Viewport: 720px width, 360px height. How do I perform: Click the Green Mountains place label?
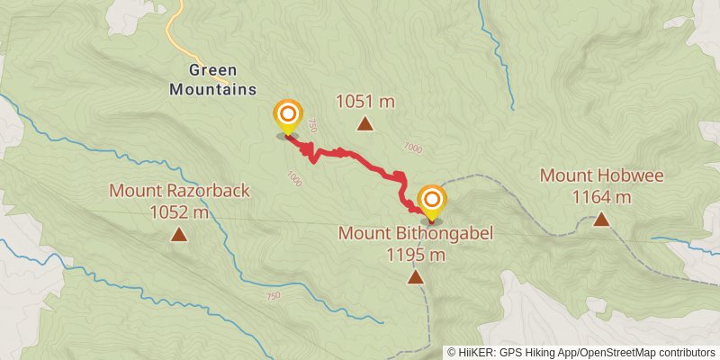click(212, 79)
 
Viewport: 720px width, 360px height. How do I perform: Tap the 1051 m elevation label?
click(365, 102)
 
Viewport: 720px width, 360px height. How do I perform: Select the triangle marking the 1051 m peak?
click(365, 125)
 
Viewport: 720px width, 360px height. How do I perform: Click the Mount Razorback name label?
click(179, 191)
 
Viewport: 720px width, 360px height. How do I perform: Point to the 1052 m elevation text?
click(179, 212)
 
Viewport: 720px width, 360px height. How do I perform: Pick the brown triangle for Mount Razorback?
click(179, 236)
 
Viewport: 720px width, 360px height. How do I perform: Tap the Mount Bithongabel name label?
click(416, 234)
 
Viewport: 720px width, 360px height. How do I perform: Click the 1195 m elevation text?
click(416, 255)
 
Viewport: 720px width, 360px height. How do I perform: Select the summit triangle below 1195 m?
click(416, 277)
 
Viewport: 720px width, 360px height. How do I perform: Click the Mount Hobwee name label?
click(601, 175)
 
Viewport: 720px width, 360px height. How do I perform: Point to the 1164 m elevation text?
click(601, 196)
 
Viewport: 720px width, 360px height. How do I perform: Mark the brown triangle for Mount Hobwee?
click(601, 219)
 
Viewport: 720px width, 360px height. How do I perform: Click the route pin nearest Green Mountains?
click(288, 115)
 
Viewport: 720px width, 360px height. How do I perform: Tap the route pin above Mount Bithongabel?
click(432, 200)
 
